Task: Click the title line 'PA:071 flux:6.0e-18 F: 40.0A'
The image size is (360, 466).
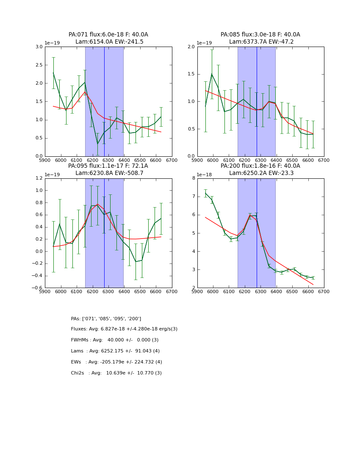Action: pyautogui.click(x=108, y=35)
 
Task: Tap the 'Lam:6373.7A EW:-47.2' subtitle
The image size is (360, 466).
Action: pyautogui.click(x=261, y=42)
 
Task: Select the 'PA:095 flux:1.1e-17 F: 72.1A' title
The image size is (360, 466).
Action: pyautogui.click(x=108, y=166)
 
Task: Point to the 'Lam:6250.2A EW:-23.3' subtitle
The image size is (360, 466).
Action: pyautogui.click(x=261, y=173)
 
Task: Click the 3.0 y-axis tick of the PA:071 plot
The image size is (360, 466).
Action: pyautogui.click(x=39, y=47)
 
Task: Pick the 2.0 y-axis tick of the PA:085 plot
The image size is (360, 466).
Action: pyautogui.click(x=191, y=47)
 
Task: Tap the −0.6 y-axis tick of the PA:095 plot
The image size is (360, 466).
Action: pyautogui.click(x=37, y=288)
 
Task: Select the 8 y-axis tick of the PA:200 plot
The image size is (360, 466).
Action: pyautogui.click(x=193, y=178)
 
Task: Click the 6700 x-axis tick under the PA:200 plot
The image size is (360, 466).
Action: pyautogui.click(x=324, y=292)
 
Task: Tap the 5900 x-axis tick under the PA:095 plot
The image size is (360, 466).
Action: pyautogui.click(x=45, y=292)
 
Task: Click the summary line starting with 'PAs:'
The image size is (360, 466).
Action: pyautogui.click(x=106, y=319)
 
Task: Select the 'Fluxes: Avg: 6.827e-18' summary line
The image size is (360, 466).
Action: pyautogui.click(x=124, y=329)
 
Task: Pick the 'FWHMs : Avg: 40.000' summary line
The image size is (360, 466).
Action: pyautogui.click(x=114, y=340)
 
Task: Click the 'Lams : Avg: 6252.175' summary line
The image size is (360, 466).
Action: pyautogui.click(x=115, y=351)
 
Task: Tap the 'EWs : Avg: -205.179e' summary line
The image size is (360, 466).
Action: pyautogui.click(x=116, y=362)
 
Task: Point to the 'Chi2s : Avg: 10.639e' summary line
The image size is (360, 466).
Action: pyautogui.click(x=116, y=373)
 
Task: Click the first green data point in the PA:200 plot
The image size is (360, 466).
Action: pyautogui.click(x=205, y=193)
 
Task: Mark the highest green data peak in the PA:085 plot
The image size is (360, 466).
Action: pyautogui.click(x=212, y=74)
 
